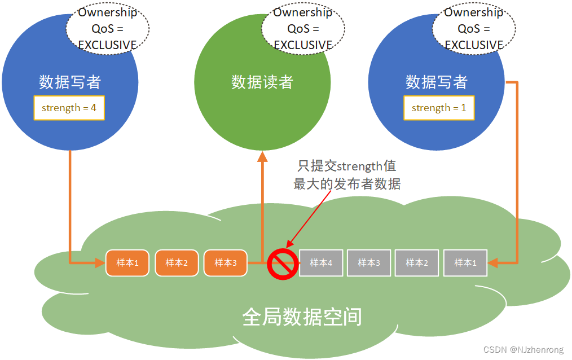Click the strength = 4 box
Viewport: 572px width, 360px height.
coord(69,108)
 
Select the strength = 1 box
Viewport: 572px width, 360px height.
coord(439,108)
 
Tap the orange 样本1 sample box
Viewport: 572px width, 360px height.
coord(127,262)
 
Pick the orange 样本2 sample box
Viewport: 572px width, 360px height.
coord(176,262)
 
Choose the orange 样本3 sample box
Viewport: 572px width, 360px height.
coord(225,262)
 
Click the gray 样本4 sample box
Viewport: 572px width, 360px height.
coord(321,262)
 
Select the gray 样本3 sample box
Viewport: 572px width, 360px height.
coord(369,262)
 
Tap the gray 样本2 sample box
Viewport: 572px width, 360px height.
coord(417,262)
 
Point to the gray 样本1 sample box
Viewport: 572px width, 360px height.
coord(466,262)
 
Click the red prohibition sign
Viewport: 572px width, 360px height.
coord(283,264)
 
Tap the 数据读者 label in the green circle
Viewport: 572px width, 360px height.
coord(262,82)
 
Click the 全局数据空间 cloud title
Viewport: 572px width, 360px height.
coord(302,317)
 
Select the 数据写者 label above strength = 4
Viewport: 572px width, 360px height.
coord(70,82)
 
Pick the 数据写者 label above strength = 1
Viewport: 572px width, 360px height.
coord(437,82)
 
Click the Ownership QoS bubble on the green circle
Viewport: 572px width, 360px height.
coord(303,28)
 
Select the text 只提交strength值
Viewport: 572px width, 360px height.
coord(347,166)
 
